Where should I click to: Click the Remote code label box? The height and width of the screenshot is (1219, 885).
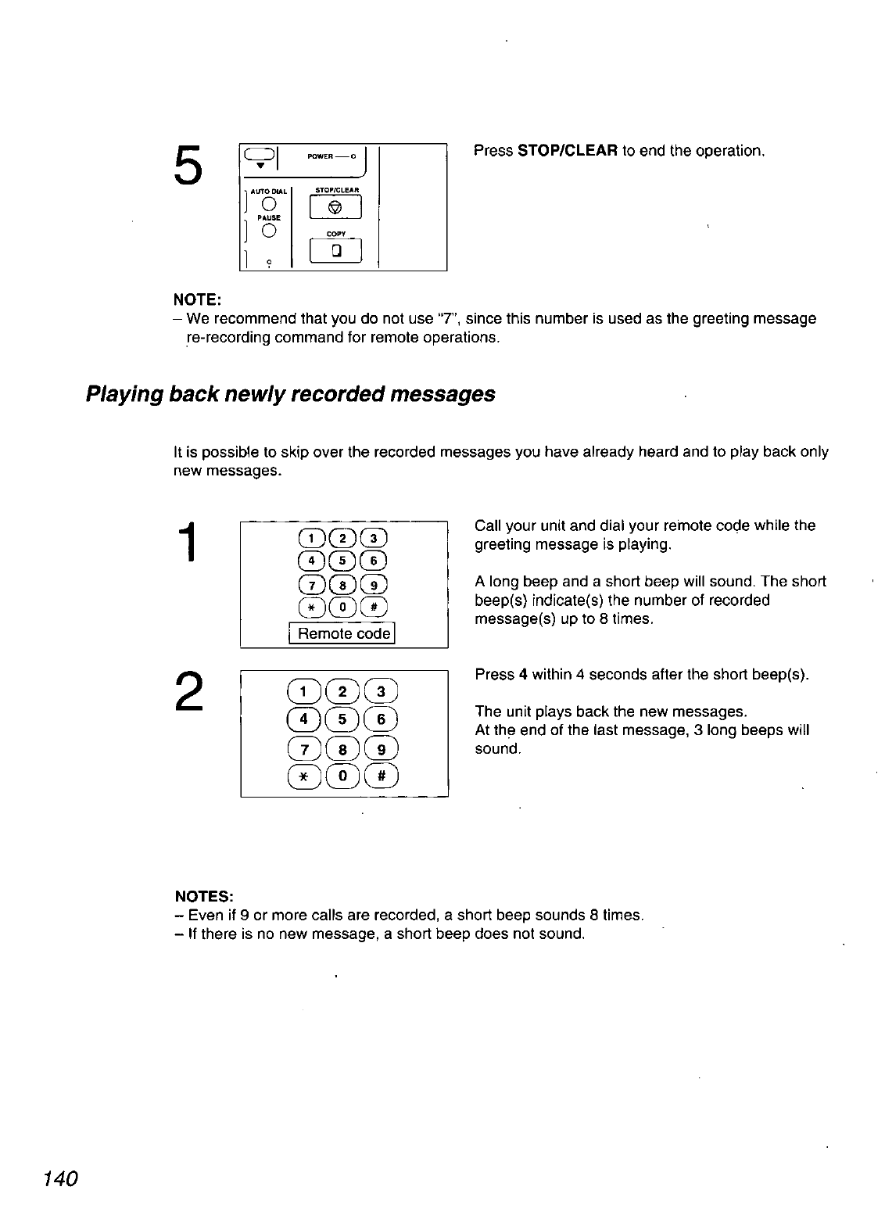point(344,633)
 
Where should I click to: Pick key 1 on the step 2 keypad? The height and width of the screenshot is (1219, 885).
point(303,691)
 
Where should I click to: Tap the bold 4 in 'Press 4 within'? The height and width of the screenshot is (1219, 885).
point(521,675)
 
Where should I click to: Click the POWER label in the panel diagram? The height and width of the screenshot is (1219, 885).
point(320,156)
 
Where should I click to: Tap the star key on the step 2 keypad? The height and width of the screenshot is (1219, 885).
point(303,776)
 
